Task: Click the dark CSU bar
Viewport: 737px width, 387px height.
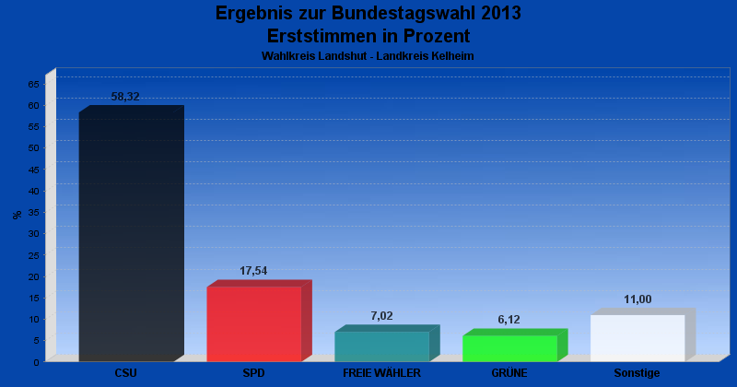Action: pos(126,237)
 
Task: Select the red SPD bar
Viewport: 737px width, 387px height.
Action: pos(253,323)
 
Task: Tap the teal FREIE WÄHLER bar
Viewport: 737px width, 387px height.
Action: pos(381,346)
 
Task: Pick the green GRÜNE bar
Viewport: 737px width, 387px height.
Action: pos(509,348)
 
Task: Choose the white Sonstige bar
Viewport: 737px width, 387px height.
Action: pos(638,338)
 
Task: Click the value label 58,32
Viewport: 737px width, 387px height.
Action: pos(125,97)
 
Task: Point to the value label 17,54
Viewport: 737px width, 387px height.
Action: pos(253,271)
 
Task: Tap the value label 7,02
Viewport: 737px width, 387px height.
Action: pos(381,316)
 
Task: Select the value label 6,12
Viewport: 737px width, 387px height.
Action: pos(509,320)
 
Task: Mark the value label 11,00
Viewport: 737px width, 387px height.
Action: pos(638,299)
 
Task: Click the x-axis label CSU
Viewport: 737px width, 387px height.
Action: pos(126,373)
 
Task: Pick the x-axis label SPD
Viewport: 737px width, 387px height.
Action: pos(253,373)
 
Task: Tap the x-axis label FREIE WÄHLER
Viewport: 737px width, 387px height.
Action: pos(381,373)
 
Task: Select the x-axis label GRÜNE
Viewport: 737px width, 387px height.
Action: pos(509,373)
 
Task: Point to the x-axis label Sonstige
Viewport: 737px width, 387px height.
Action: pos(638,373)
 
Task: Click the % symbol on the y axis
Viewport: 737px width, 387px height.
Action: pos(17,215)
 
